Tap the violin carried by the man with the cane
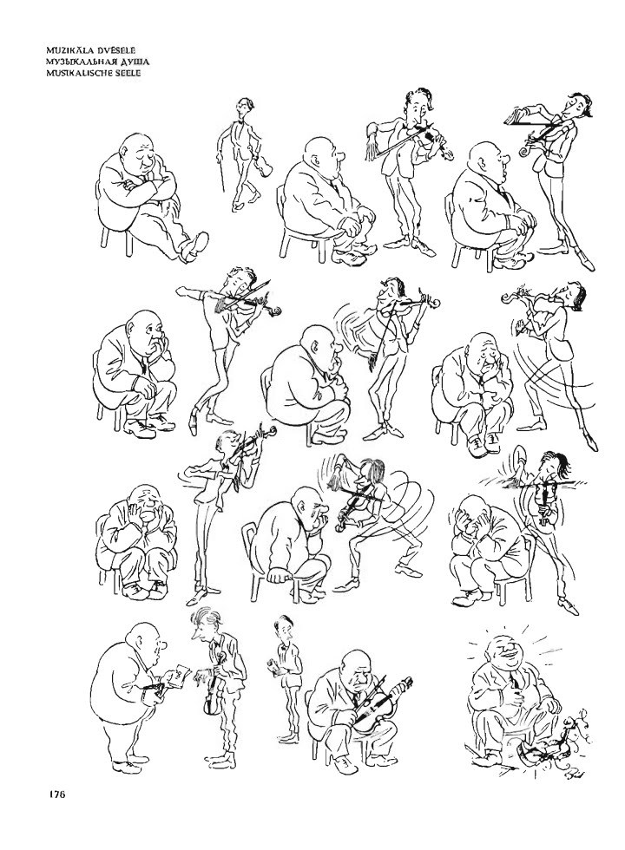(263, 164)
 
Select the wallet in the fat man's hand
(155, 690)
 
